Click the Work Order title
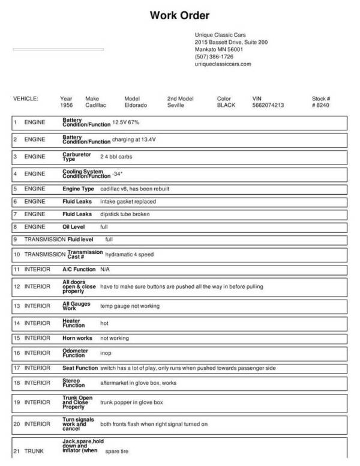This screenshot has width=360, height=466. tap(179, 15)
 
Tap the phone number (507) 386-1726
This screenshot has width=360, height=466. tap(214, 56)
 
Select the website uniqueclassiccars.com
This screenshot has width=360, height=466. tap(223, 64)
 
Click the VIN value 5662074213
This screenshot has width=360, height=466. tap(269, 105)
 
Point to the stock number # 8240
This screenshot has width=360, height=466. tap(321, 105)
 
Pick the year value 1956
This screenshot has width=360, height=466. tap(67, 105)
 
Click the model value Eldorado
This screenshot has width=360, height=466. tap(136, 105)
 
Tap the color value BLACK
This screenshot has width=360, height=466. tap(226, 105)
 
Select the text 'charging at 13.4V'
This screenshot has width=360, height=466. tap(134, 140)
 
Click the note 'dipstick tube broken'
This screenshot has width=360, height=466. tap(125, 214)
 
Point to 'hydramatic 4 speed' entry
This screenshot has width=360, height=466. tap(129, 255)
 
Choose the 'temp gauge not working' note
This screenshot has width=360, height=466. tap(130, 306)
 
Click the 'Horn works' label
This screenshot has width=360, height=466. tap(77, 338)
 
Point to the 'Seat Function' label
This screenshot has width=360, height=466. tap(80, 368)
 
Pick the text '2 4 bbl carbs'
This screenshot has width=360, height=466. tap(116, 157)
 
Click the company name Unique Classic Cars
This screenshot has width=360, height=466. tap(220, 35)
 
